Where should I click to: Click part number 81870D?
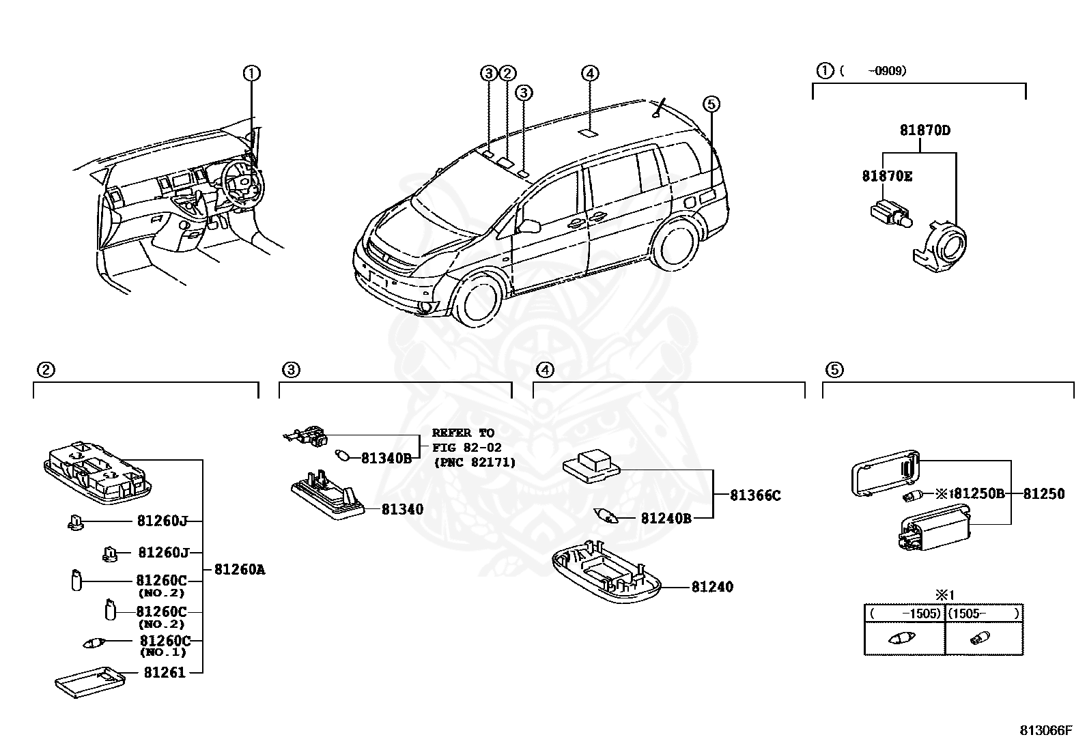click(924, 130)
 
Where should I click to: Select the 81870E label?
click(886, 176)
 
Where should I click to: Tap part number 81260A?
click(239, 569)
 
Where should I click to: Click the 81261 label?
click(165, 672)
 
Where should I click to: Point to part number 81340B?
click(386, 458)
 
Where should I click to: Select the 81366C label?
click(754, 495)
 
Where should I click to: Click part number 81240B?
click(666, 518)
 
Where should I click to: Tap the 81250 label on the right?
click(1043, 493)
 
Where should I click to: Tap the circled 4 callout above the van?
click(591, 73)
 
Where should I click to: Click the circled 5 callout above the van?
click(711, 104)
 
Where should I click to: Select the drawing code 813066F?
click(1046, 730)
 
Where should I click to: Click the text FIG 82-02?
click(466, 448)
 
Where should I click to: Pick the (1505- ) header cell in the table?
click(983, 613)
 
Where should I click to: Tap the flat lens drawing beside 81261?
click(90, 682)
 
